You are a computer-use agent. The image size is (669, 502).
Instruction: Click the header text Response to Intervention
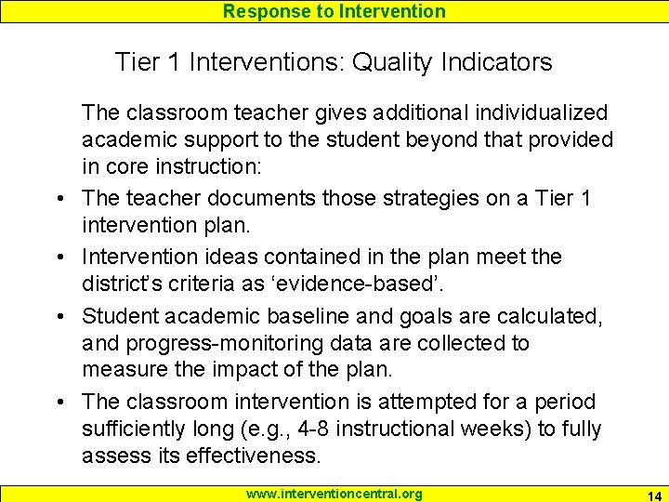[334, 11]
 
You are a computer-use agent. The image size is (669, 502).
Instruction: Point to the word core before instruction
[129, 168]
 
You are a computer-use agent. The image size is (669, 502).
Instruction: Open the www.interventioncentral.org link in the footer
[334, 494]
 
